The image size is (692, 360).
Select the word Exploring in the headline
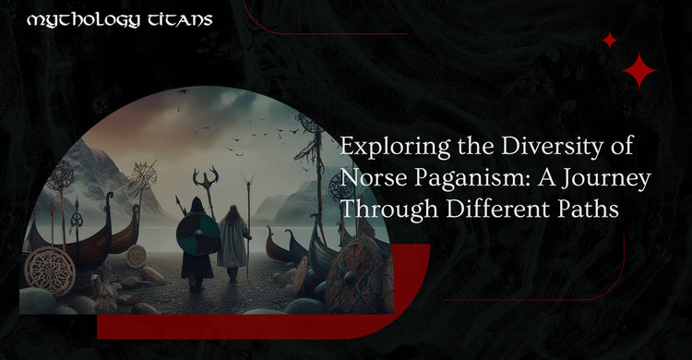pos(383,148)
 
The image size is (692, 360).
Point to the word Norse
pos(369,178)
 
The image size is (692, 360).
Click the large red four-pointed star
pos(638,70)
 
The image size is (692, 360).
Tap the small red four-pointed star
pos(609,40)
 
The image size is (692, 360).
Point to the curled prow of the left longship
pos(111,202)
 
